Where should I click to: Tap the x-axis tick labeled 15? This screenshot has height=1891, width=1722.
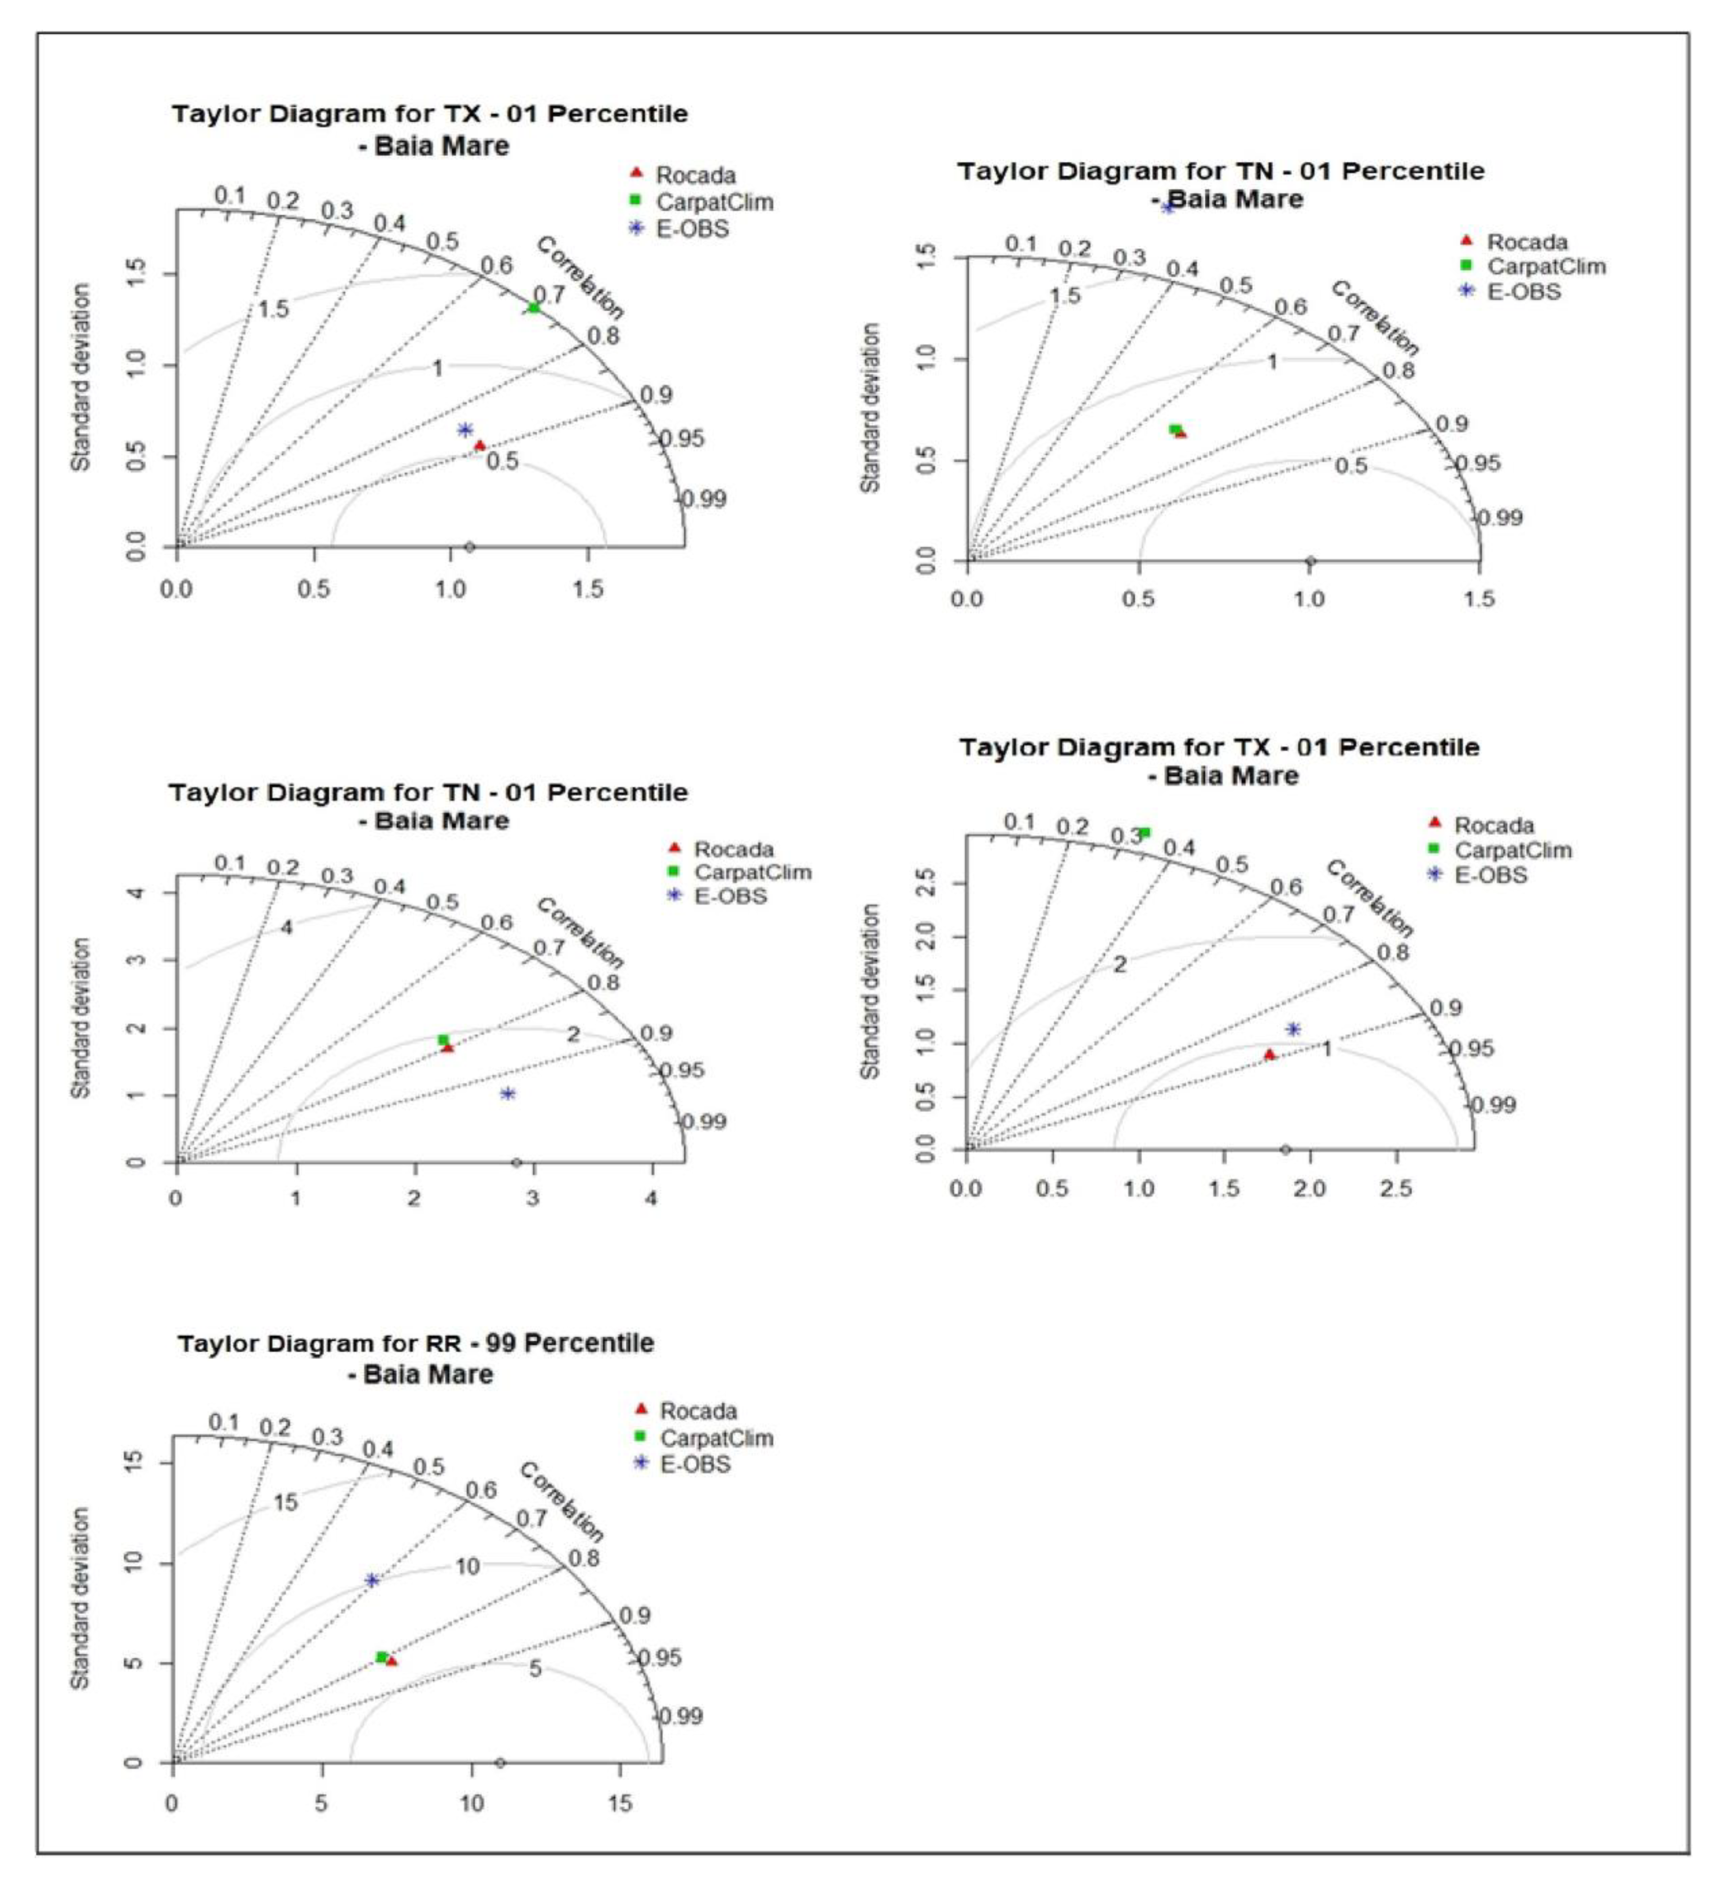(619, 1803)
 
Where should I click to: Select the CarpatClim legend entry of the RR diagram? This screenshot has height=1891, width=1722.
(715, 1464)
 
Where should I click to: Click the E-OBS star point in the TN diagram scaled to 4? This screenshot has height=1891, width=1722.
(508, 1094)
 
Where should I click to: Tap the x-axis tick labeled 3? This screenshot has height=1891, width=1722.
(532, 1199)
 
